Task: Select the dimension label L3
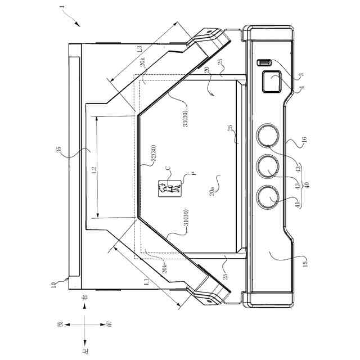140,48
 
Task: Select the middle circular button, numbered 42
268,166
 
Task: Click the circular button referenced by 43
268,136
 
